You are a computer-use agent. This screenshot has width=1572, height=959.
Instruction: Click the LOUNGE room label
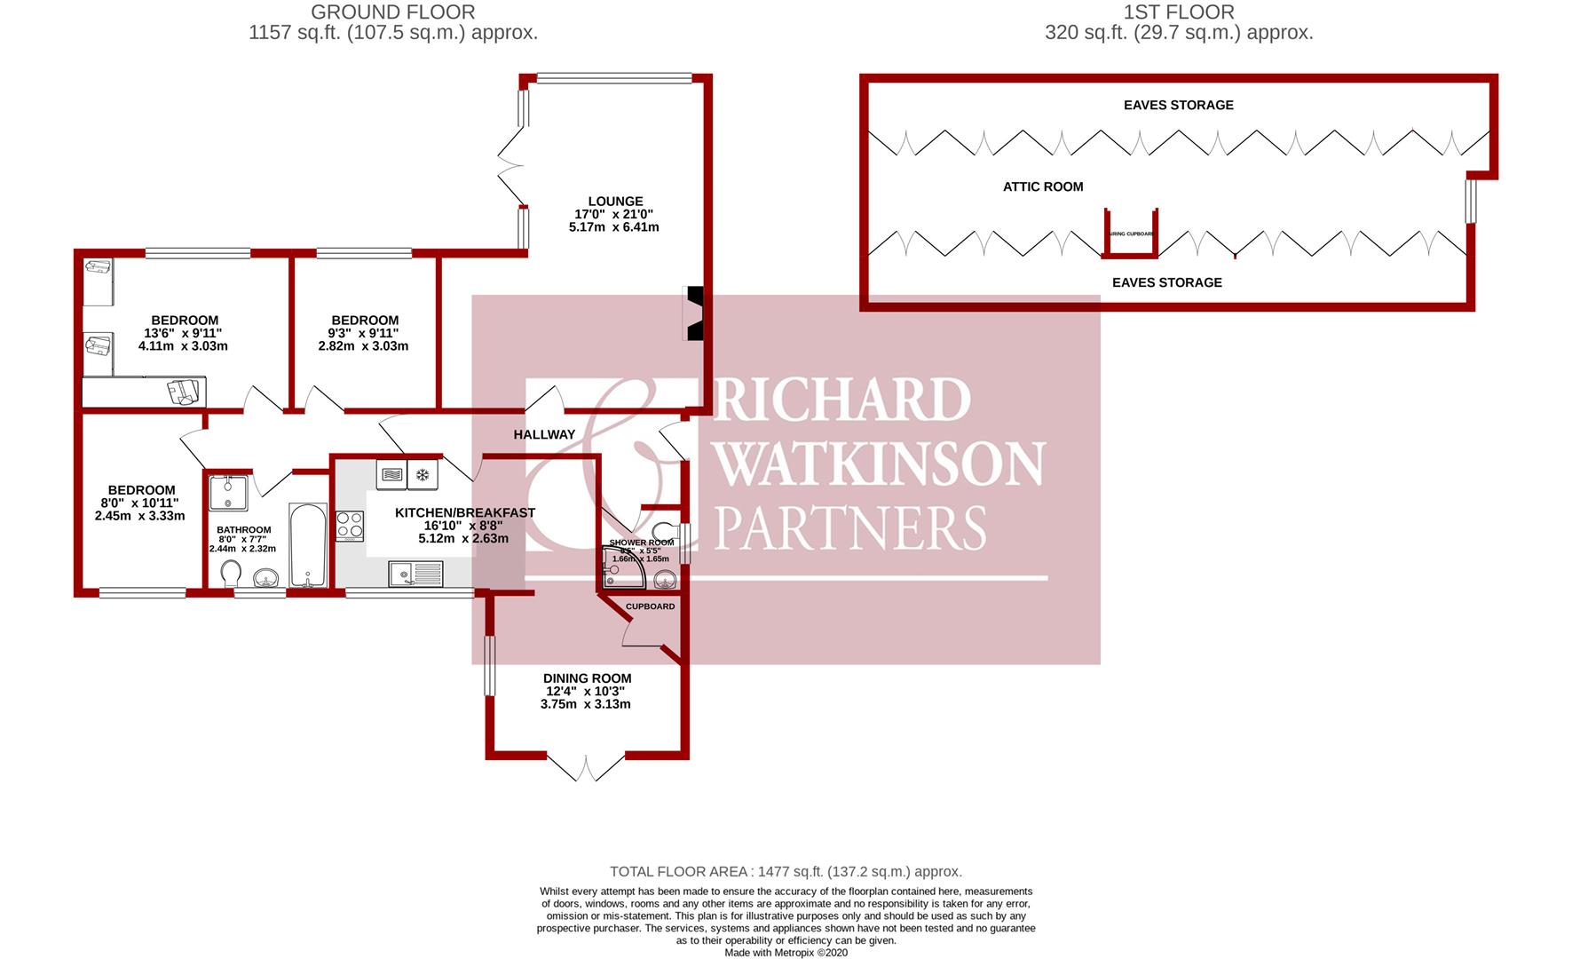click(x=614, y=202)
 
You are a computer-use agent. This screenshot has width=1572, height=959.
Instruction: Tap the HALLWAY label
click(x=544, y=434)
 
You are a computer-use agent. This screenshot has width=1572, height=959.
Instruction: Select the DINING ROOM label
click(x=587, y=678)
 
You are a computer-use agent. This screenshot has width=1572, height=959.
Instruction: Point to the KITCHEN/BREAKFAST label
click(x=464, y=513)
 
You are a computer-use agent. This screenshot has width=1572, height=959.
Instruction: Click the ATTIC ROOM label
click(x=1043, y=186)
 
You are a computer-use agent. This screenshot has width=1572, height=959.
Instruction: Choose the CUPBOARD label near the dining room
click(x=650, y=606)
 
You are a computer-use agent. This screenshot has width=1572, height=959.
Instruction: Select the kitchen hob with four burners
click(x=350, y=527)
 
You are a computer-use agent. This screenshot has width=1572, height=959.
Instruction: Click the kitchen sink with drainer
click(x=415, y=575)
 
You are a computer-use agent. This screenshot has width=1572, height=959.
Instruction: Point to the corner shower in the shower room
click(x=620, y=568)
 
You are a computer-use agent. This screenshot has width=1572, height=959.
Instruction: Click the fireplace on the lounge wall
click(x=693, y=313)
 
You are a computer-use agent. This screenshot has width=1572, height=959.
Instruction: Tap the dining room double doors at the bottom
click(x=586, y=768)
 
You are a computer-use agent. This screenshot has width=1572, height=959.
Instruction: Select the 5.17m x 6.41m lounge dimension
click(x=614, y=227)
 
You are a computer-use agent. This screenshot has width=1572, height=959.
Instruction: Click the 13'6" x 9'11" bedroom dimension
click(x=184, y=333)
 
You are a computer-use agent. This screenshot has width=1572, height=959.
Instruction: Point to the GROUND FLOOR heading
click(x=393, y=12)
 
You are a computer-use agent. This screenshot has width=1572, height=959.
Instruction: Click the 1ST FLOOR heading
click(x=1179, y=12)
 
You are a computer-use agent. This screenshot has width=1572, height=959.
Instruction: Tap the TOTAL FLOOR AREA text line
click(x=786, y=872)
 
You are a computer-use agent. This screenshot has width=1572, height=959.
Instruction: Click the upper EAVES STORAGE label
click(x=1178, y=105)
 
